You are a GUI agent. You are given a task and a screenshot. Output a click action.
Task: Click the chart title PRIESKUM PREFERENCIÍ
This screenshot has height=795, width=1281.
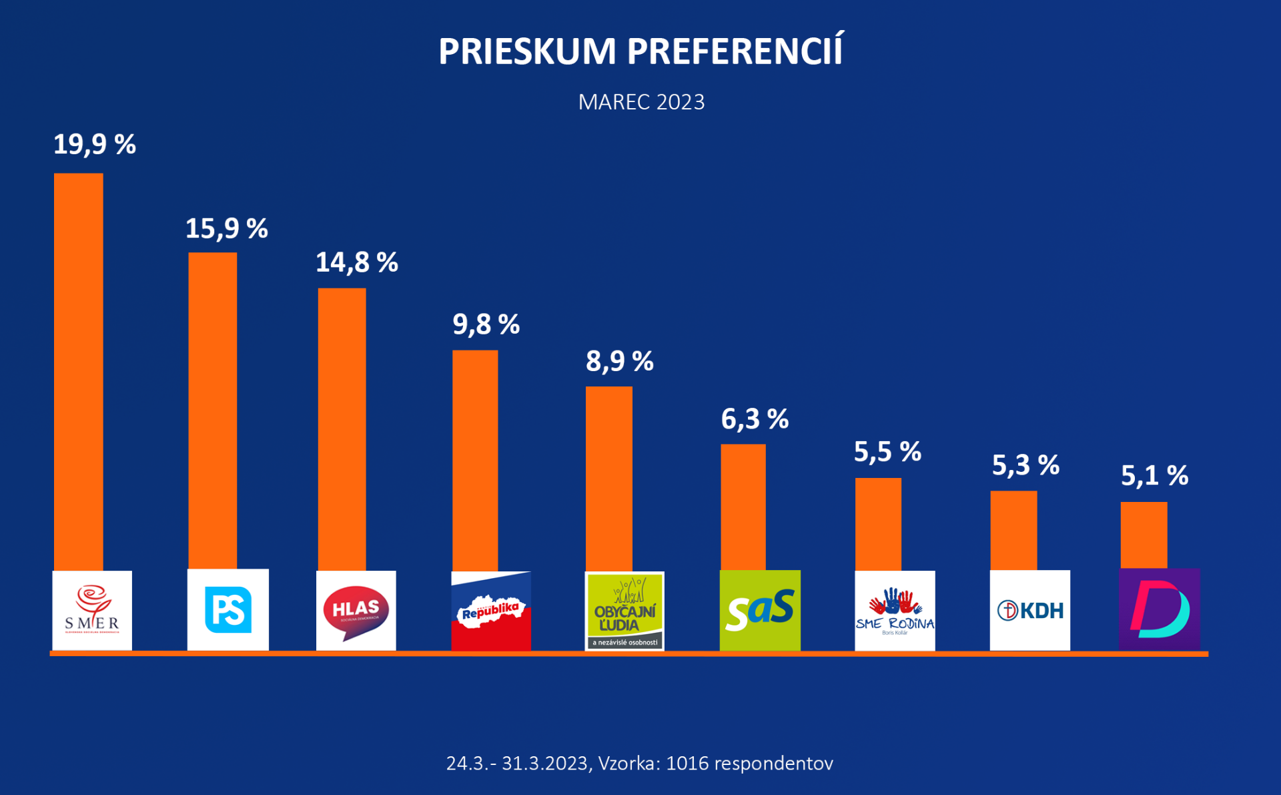[640, 51]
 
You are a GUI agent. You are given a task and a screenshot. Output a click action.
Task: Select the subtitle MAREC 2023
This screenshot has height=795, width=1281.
[640, 102]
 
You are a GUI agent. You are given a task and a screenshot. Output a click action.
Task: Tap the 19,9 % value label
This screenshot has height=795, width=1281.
[94, 145]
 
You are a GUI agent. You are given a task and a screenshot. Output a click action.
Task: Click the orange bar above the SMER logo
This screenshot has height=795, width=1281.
[79, 370]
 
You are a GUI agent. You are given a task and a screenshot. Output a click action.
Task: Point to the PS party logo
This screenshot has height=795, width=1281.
[228, 609]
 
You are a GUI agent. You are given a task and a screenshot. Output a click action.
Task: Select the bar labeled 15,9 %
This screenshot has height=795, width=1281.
[212, 411]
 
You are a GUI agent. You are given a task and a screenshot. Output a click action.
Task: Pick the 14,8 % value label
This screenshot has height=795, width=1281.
[356, 262]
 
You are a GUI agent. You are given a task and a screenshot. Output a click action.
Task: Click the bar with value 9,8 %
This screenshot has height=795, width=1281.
[475, 461]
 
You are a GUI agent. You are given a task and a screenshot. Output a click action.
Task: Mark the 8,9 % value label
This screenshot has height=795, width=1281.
[619, 362]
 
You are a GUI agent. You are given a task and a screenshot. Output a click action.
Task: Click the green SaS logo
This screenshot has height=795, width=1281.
[760, 610]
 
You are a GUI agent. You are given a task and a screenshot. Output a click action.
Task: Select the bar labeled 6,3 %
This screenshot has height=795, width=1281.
[743, 507]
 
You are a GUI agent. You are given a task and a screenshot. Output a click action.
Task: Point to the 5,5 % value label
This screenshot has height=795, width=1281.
[887, 453]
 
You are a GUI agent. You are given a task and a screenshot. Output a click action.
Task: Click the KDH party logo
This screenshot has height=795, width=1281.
[1030, 610]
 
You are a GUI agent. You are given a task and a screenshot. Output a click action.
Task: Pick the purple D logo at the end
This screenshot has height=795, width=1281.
[1160, 609]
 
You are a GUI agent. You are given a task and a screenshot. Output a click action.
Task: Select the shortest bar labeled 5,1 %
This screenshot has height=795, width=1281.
[1144, 535]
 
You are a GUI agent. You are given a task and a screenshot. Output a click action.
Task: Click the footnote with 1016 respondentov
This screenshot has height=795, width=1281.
[639, 763]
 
